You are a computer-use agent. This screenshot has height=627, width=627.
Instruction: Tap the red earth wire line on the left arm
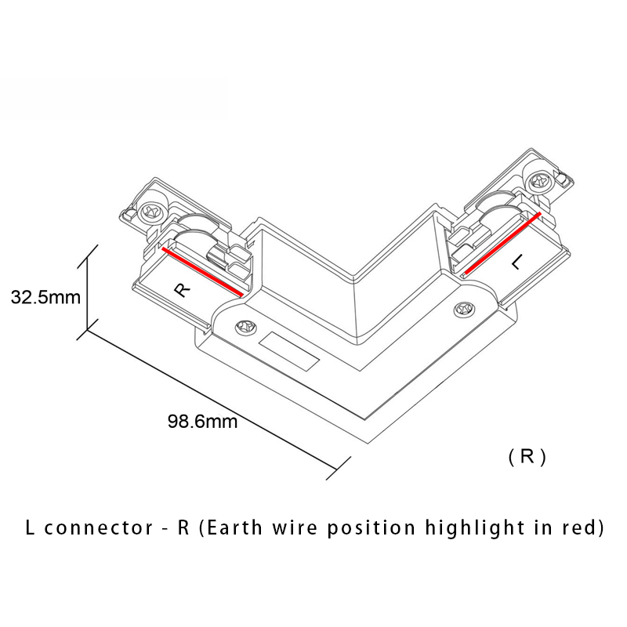point(201,274)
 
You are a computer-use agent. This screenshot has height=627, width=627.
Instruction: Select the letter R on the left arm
point(182,289)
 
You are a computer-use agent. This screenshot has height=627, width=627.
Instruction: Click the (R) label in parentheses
point(527,457)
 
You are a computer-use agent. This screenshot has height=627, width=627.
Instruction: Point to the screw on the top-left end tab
point(152,210)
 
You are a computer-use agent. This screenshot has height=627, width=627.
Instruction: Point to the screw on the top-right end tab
point(539,179)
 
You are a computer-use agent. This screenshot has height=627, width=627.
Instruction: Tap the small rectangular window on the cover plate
point(289,352)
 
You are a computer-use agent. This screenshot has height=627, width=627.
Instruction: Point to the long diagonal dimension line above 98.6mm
point(212,400)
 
